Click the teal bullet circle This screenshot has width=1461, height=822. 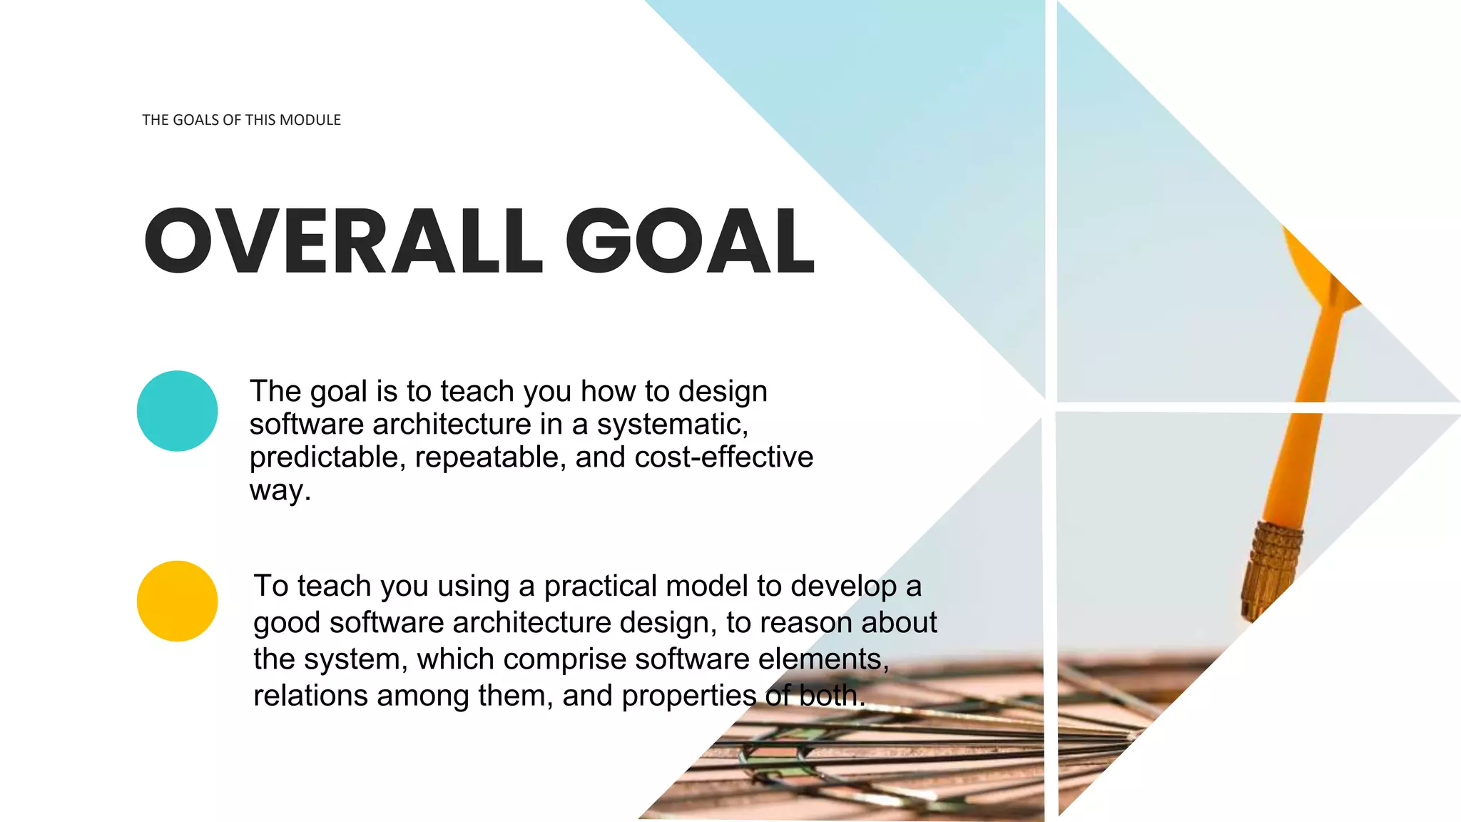[x=177, y=411]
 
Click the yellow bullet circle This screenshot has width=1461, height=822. [x=177, y=601]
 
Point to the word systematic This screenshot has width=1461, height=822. [x=672, y=425]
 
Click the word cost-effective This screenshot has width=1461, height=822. [x=723, y=457]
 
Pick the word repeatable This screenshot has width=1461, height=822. [x=490, y=457]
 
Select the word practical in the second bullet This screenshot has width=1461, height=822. [x=600, y=587]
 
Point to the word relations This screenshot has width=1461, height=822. [x=310, y=696]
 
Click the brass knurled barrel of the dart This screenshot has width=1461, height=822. [x=1273, y=567]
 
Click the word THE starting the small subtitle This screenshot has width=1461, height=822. [x=155, y=120]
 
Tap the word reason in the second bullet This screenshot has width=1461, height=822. [x=806, y=623]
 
